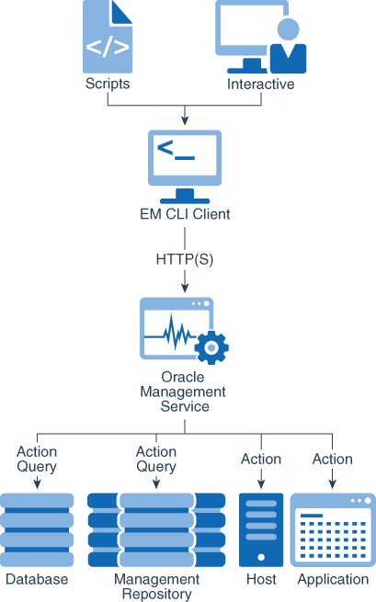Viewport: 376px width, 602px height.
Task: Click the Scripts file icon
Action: pos(108,37)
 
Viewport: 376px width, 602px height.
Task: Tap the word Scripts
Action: pos(108,84)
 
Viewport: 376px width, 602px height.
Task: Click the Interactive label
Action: pos(261,84)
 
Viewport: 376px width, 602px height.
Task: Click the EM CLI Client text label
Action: pos(185,215)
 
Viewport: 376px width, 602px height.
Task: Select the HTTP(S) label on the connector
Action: pos(185,259)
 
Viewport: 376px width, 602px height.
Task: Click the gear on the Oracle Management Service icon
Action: pos(212,347)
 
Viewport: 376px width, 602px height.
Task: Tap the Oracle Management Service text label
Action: pos(185,392)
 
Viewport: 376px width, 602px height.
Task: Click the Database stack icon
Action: pos(37,529)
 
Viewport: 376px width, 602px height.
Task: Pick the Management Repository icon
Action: pos(156,529)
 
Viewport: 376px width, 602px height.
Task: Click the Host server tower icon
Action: pos(261,529)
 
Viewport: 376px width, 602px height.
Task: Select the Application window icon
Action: pos(333,529)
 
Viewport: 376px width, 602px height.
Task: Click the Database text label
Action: pos(37,579)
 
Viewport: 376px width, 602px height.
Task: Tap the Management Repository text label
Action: pos(156,586)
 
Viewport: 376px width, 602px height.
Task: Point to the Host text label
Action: pos(261,579)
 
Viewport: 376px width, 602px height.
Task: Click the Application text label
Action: pos(333,579)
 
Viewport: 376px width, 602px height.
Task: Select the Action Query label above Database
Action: pos(37,459)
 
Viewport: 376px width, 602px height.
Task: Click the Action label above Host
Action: pos(261,459)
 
